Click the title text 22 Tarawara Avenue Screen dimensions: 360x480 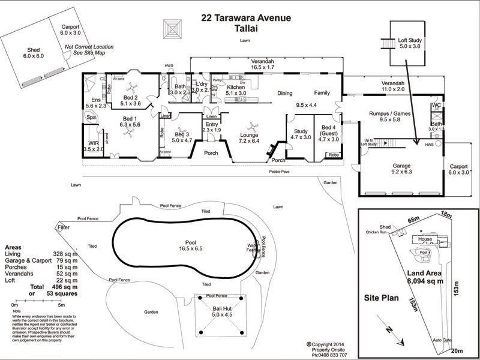pyautogui.click(x=246, y=18)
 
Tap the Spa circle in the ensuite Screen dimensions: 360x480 pyautogui.click(x=91, y=118)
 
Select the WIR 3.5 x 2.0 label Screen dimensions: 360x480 pyautogui.click(x=94, y=146)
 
